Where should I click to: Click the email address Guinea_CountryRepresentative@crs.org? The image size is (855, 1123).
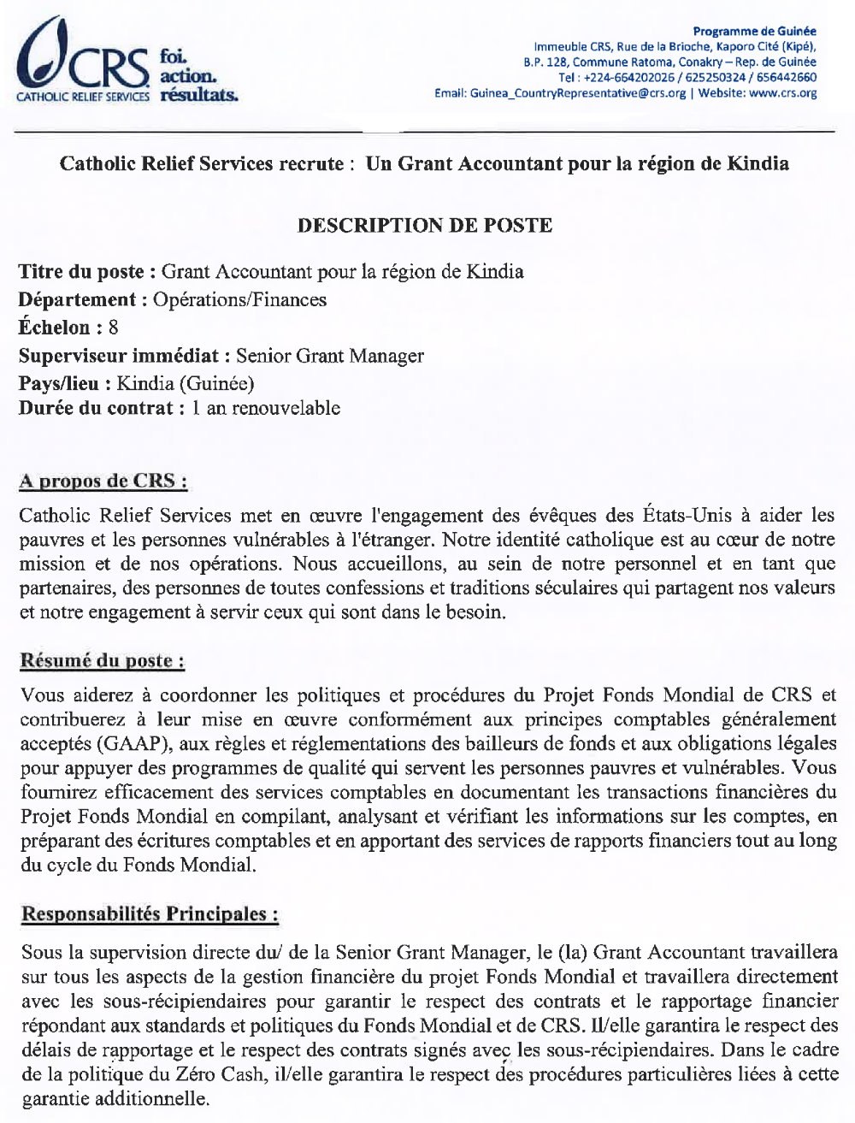[x=578, y=93]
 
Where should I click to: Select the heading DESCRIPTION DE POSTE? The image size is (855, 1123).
[x=424, y=226]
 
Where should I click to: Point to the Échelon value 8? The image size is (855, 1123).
[x=114, y=327]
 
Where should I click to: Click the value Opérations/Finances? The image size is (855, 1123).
[x=239, y=299]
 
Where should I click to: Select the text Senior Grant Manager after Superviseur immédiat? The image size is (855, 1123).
[x=330, y=355]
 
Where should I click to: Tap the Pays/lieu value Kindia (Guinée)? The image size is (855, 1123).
[x=186, y=383]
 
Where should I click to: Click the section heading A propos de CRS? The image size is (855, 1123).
[x=103, y=481]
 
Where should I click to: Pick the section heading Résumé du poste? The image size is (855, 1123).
[x=102, y=660]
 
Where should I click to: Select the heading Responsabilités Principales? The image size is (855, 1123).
[x=150, y=913]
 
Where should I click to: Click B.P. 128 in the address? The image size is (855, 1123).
[x=545, y=62]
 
